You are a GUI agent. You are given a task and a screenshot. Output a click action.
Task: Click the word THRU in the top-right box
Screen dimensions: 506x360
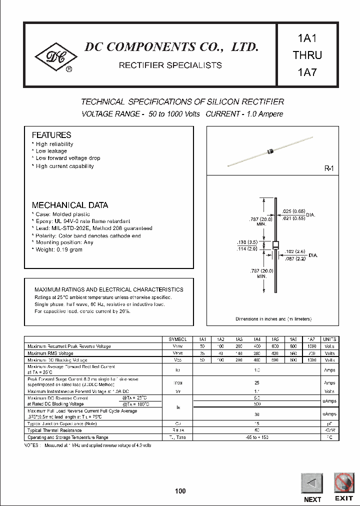307,55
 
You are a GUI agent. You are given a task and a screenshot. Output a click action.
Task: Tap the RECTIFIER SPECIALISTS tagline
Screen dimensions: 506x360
170,65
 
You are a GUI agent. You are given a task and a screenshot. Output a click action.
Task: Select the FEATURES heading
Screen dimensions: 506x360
51,135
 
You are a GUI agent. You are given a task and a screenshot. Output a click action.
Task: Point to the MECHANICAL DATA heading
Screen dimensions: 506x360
70,205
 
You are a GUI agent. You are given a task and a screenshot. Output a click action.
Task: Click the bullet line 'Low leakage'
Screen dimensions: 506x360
51,151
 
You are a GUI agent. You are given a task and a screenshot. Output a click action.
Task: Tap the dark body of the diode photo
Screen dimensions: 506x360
270,149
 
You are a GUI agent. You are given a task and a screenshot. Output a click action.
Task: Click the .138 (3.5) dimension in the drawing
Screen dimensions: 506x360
247,242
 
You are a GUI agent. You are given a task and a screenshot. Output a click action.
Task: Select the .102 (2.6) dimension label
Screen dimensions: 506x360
295,252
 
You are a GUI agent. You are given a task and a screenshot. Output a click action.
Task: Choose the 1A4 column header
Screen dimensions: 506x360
256,339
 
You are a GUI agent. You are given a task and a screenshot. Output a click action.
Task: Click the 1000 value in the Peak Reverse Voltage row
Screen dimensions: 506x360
310,346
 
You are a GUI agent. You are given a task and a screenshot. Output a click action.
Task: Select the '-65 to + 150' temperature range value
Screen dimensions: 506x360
257,437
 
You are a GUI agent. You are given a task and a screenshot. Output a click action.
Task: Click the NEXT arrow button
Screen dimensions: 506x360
312,483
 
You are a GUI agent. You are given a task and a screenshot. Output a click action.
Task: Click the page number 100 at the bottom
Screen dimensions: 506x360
180,491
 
